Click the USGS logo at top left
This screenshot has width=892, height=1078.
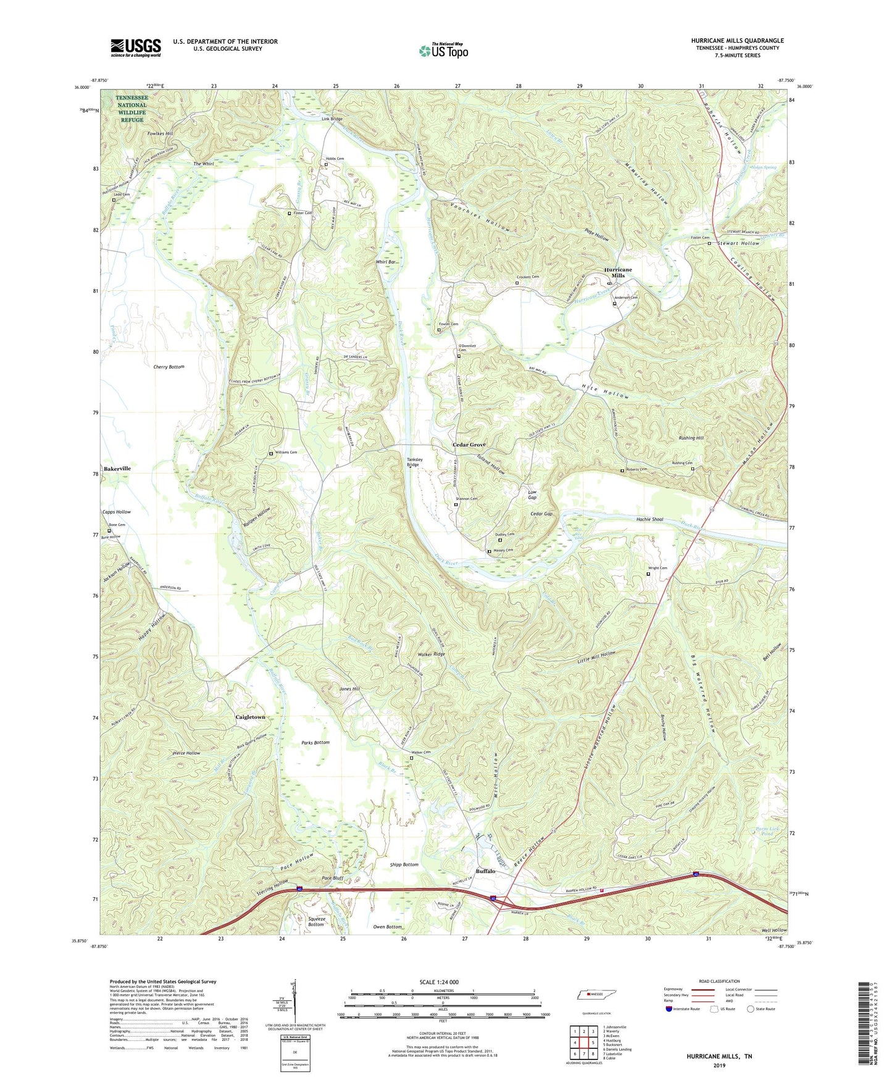pyautogui.click(x=136, y=48)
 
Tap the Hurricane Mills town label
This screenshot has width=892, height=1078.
pyautogui.click(x=618, y=272)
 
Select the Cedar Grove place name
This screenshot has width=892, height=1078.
pyautogui.click(x=469, y=445)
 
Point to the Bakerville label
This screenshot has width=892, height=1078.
pyautogui.click(x=117, y=469)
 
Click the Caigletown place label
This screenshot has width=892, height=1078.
pyautogui.click(x=251, y=717)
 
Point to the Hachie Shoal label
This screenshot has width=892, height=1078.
pyautogui.click(x=649, y=519)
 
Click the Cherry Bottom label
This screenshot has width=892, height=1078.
pyautogui.click(x=169, y=367)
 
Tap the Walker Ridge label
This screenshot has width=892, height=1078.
pyautogui.click(x=431, y=654)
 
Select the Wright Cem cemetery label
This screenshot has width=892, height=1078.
pyautogui.click(x=657, y=568)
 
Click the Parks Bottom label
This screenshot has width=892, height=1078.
pyautogui.click(x=315, y=742)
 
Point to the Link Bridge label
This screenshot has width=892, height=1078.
pyautogui.click(x=331, y=119)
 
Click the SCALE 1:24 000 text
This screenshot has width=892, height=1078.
pyautogui.click(x=439, y=982)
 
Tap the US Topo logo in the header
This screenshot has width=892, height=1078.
pyautogui.click(x=443, y=51)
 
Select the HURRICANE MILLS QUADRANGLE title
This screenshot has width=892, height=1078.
pyautogui.click(x=737, y=41)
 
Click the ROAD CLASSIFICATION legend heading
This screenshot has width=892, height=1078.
pyautogui.click(x=719, y=981)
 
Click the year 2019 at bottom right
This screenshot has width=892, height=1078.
pyautogui.click(x=719, y=1065)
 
